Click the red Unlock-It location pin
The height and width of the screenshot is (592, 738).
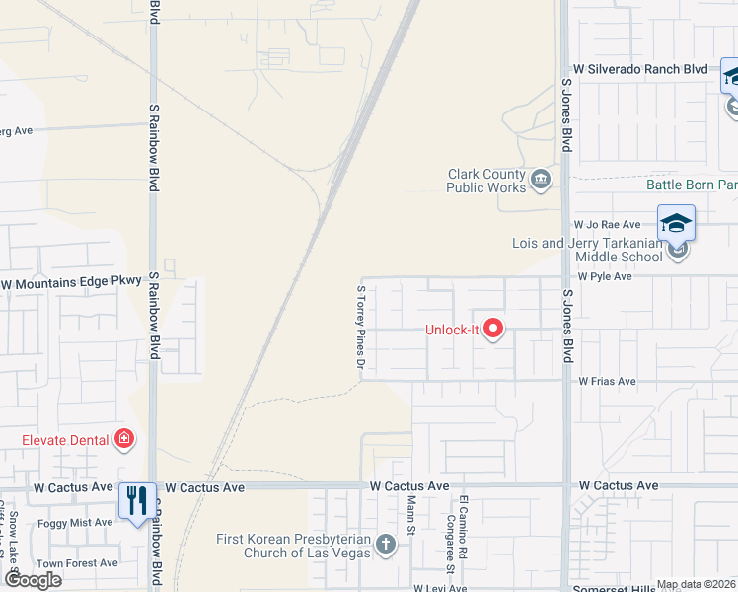coord(492,329)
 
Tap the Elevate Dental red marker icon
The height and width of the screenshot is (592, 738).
coord(124,438)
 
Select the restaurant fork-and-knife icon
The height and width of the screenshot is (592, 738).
coord(136,499)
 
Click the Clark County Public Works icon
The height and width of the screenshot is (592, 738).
coord(540,179)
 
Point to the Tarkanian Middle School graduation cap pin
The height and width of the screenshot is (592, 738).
coord(677,223)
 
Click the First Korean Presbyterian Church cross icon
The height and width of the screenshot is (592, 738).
coord(385,544)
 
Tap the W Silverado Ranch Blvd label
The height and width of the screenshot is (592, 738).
coord(641,69)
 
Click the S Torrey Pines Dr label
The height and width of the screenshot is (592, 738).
coord(361,328)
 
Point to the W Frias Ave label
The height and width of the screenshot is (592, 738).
coord(610,381)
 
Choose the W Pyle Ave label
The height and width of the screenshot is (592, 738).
coord(605,277)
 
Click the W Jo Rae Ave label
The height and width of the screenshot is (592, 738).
coord(613,225)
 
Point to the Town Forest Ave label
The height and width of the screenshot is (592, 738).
coord(78,563)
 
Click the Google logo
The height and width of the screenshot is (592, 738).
coord(33,580)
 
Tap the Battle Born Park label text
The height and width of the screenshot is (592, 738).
coord(692,185)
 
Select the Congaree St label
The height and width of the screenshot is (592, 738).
coord(449,543)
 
